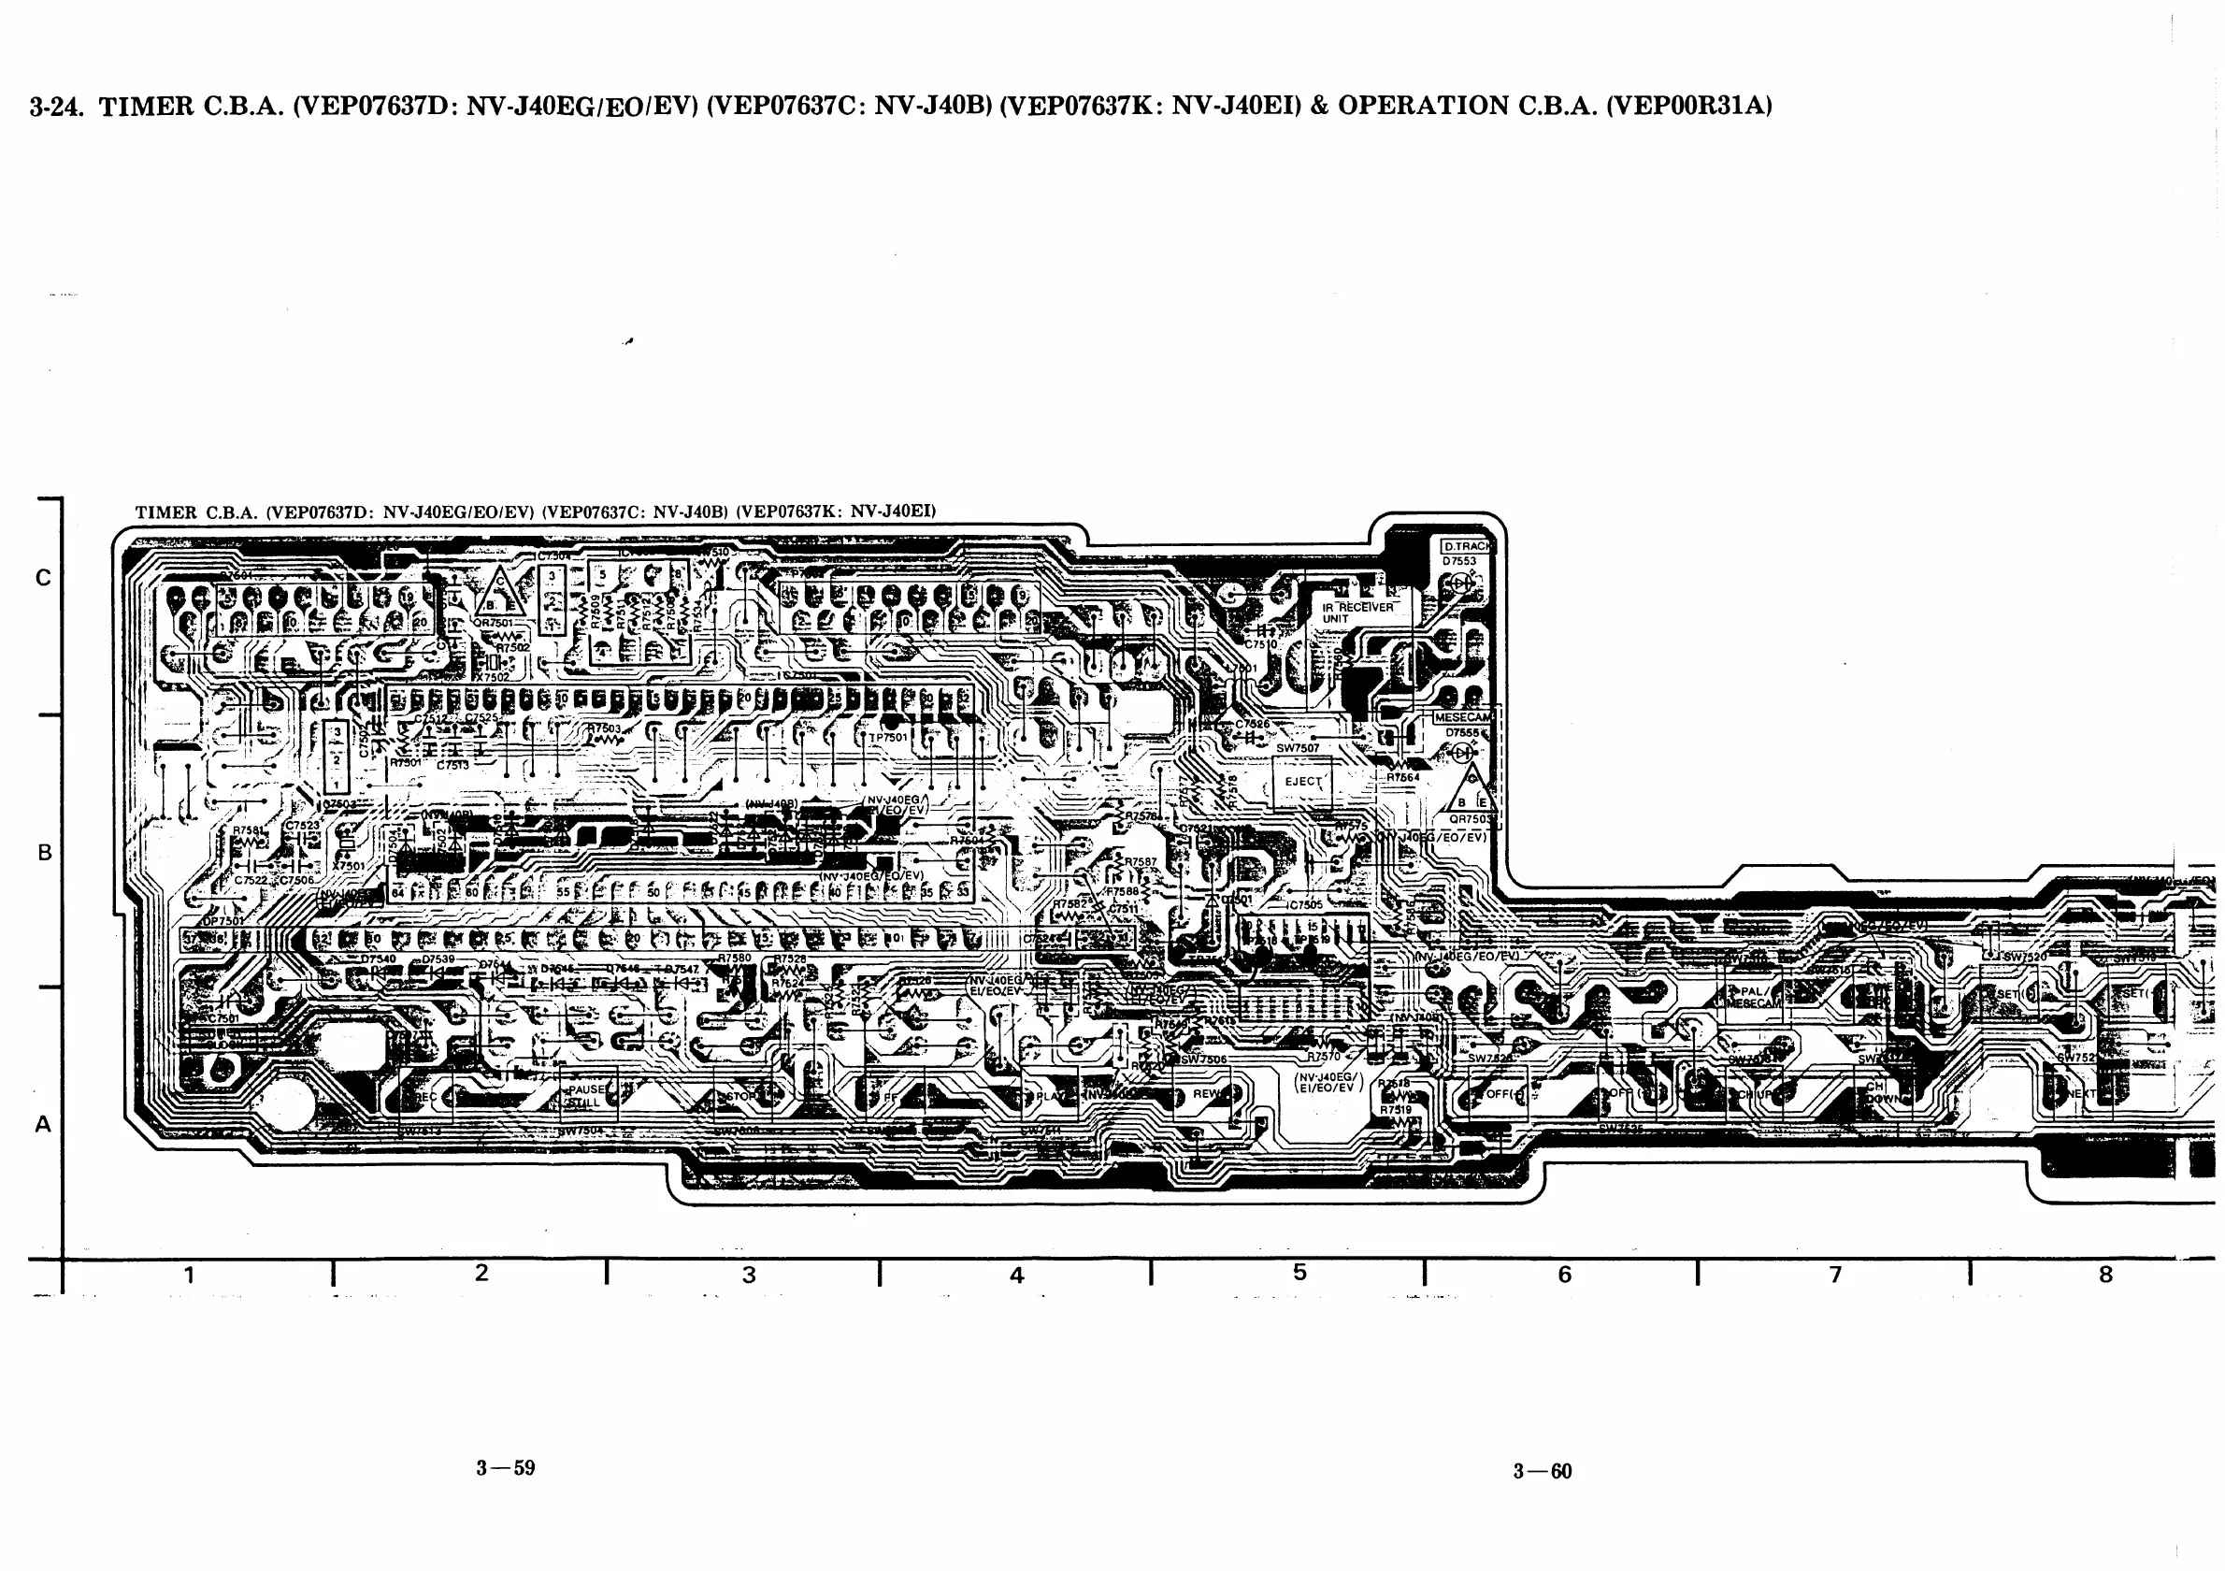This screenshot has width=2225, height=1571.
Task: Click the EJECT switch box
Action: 1302,781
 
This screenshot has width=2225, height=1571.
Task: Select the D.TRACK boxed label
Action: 1468,547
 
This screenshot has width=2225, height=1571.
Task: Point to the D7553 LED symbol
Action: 1461,583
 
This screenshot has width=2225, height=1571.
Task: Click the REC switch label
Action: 426,1097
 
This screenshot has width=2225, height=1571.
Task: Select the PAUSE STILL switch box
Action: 585,1096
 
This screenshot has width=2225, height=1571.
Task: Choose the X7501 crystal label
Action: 348,866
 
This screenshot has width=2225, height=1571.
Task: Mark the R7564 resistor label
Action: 1402,776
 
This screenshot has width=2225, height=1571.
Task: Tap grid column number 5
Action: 1299,1273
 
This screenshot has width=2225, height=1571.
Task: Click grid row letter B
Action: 45,853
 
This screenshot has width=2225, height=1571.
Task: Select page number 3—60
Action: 1542,1471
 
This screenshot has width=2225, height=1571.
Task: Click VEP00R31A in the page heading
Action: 1688,106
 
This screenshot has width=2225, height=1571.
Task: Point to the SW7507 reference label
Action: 1297,748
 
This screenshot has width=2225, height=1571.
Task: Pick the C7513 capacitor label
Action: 452,766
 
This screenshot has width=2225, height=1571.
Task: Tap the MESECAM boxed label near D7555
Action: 1463,717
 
